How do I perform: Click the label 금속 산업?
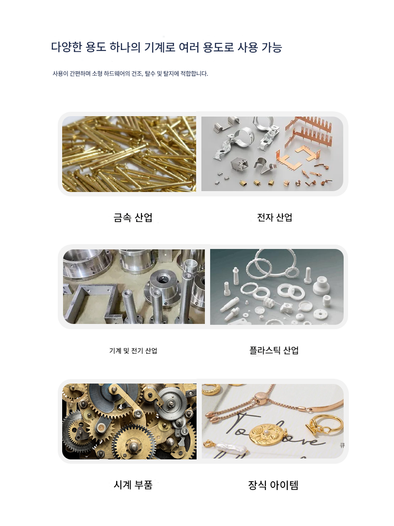[x=133, y=217]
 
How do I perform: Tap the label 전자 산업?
[x=274, y=217]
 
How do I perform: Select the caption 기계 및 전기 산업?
[x=133, y=351]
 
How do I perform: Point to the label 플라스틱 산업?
[x=274, y=350]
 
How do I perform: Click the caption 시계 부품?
[x=133, y=485]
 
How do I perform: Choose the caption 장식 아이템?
[x=273, y=485]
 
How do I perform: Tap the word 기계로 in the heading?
[x=159, y=47]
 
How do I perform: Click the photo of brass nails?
[x=129, y=154]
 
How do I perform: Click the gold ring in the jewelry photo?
[x=331, y=421]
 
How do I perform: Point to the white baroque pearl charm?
[x=231, y=448]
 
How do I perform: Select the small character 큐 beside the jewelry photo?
[x=342, y=445]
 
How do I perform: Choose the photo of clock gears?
[x=129, y=422]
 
